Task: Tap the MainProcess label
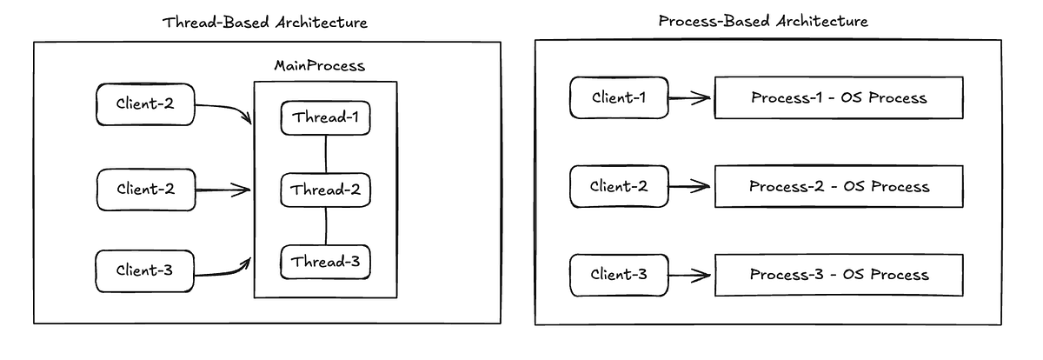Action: (x=319, y=66)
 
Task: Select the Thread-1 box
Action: (x=325, y=117)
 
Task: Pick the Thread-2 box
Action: (x=325, y=190)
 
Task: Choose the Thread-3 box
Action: (x=325, y=262)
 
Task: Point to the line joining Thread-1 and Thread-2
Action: (x=325, y=154)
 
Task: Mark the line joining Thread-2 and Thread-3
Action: (x=325, y=226)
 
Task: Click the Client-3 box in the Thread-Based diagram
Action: (x=144, y=270)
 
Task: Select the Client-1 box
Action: (x=618, y=97)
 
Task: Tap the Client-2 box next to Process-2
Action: (x=618, y=186)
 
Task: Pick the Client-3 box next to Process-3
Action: (x=618, y=275)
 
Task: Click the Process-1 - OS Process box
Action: (x=838, y=97)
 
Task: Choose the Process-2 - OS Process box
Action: (x=839, y=186)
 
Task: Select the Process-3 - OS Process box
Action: (x=839, y=275)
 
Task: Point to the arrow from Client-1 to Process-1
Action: (x=689, y=98)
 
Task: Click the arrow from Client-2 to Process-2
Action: (x=689, y=186)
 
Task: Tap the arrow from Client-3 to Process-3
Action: (x=689, y=276)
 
